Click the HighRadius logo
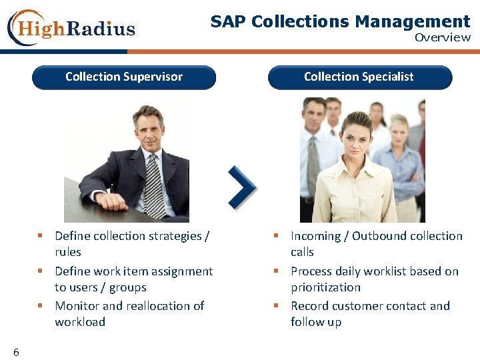pyautogui.click(x=71, y=28)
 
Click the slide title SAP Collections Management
pyautogui.click(x=340, y=21)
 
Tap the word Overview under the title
pyautogui.click(x=442, y=37)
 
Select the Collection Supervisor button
pyautogui.click(x=124, y=77)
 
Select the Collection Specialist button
pyautogui.click(x=359, y=77)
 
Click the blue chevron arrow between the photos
pyautogui.click(x=241, y=187)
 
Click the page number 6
pyautogui.click(x=16, y=352)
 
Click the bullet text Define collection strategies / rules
pyautogui.click(x=131, y=244)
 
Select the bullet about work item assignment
pyautogui.click(x=133, y=279)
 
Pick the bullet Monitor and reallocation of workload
pyautogui.click(x=129, y=314)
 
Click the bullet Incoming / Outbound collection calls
pyautogui.click(x=376, y=244)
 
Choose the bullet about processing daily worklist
pyautogui.click(x=374, y=279)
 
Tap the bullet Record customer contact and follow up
pyautogui.click(x=370, y=314)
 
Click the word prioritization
pyautogui.click(x=325, y=287)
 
